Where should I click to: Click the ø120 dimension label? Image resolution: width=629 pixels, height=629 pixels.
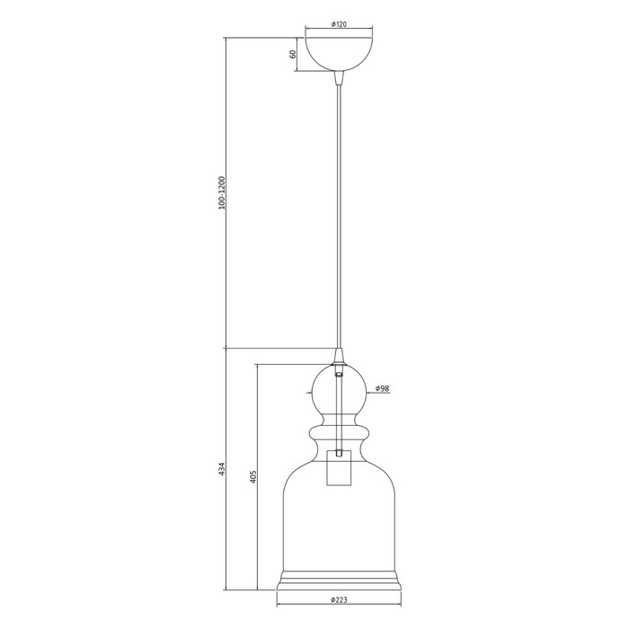click(x=339, y=24)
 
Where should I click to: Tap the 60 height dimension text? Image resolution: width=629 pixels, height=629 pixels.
click(x=293, y=54)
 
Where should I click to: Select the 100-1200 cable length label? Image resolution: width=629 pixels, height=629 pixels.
click(x=222, y=193)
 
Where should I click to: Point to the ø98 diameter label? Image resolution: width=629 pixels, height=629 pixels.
click(x=382, y=388)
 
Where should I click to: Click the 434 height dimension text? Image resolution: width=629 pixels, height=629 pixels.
click(x=222, y=469)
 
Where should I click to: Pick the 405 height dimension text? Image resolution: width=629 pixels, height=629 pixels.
click(x=253, y=476)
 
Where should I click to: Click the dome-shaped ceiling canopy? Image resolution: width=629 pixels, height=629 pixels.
click(x=339, y=55)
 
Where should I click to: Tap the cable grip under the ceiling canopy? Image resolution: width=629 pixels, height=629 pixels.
click(x=339, y=78)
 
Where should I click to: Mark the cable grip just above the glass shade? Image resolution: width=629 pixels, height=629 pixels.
click(x=339, y=356)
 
